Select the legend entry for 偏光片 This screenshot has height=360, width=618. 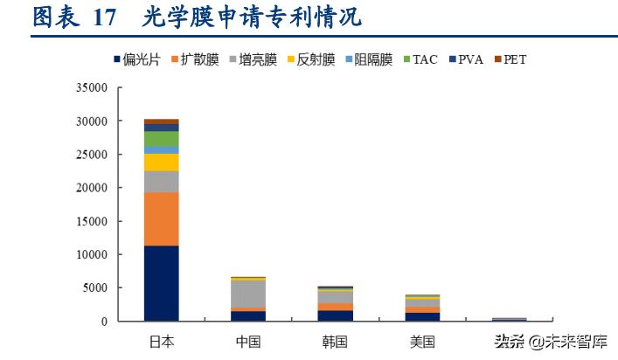click(136, 60)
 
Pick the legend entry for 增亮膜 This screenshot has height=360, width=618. click(253, 60)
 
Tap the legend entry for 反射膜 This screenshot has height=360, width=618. click(310, 60)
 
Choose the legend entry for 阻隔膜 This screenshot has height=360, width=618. click(368, 60)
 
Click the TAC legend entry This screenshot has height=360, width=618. click(420, 60)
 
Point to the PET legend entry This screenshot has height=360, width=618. click(510, 60)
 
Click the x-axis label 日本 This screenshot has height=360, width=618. click(162, 341)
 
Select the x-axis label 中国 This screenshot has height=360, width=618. click(248, 341)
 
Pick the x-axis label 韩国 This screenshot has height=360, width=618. click(335, 341)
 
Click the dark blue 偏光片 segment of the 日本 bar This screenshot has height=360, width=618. click(162, 283)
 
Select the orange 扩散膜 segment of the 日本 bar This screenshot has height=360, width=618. click(162, 218)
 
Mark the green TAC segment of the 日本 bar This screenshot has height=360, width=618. click(162, 139)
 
